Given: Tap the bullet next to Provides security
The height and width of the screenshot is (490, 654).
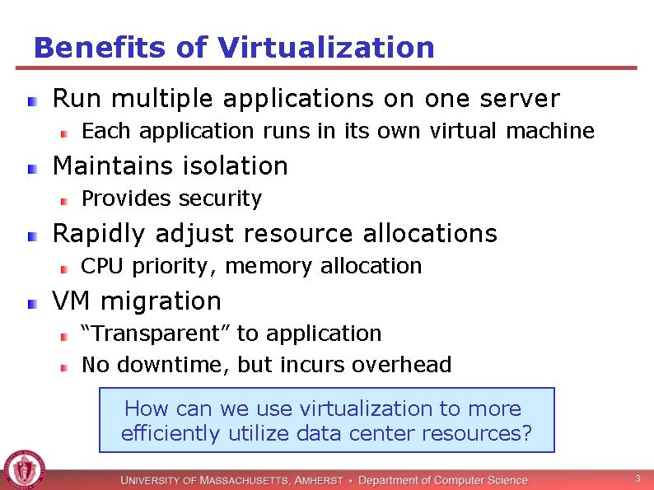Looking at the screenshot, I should coord(63,200).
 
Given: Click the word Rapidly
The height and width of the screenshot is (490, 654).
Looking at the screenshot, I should coord(97,234).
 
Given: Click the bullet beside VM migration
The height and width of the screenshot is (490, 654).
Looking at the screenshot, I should coord(31,304).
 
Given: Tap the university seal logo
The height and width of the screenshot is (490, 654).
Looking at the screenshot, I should coord(23,470).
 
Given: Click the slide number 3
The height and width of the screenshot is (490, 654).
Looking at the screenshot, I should coord(637,478).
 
